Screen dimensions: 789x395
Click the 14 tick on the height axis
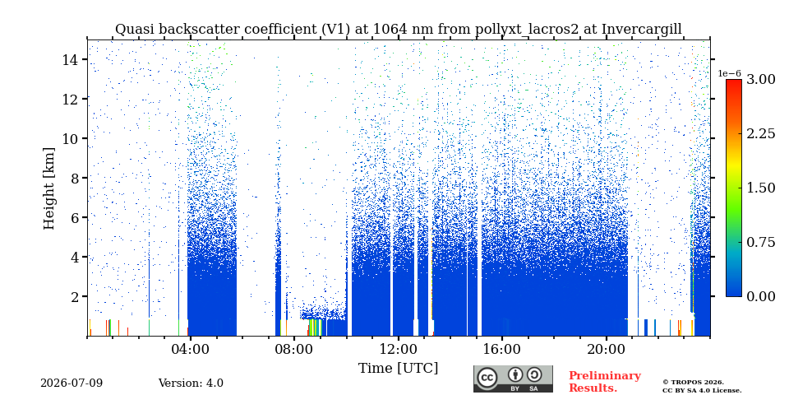point(69,59)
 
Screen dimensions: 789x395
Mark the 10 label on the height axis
point(69,138)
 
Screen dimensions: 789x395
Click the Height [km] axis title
point(48,188)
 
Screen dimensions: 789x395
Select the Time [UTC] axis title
point(398,369)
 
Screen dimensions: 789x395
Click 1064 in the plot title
point(388,30)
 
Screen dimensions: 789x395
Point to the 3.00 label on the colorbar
point(760,80)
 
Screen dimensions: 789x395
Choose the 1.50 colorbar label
point(760,188)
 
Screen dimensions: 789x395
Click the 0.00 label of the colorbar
point(760,296)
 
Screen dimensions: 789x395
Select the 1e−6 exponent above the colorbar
point(729,73)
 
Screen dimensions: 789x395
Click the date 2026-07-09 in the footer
point(72,383)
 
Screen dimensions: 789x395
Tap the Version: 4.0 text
point(191,383)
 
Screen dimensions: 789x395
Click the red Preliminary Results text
point(605,382)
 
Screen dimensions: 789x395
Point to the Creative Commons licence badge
point(513,379)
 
